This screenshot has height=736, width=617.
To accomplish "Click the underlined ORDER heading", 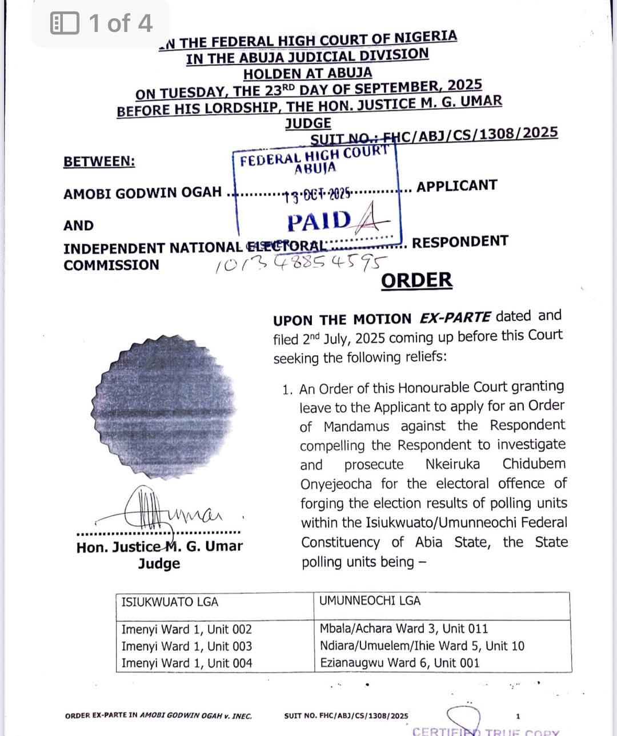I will coord(416,280).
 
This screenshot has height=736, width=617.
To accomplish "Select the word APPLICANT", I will coord(456,186).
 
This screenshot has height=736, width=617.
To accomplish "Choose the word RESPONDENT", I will coord(460,242).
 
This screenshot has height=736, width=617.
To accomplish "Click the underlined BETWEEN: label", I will coord(99,162).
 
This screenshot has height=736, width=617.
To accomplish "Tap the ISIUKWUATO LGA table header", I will coord(170,602).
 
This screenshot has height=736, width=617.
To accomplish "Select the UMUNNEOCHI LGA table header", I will coord(370,601).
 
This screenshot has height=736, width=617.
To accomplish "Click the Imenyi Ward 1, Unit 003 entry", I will coord(186,646).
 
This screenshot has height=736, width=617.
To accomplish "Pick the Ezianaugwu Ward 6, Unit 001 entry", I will coord(399,663).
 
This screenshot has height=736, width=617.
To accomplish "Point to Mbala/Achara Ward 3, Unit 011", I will coord(403,629).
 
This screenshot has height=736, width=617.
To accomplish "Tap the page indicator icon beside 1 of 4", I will coord(65,23).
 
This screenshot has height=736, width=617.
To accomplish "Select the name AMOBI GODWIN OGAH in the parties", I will coord(142,193).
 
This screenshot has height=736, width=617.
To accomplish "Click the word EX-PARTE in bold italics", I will coord(455,317).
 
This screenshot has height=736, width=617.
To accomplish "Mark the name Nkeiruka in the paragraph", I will coord(452,464).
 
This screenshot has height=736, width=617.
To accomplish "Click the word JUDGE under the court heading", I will coord(308,123).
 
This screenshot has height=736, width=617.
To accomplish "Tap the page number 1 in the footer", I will coord(518,715).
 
